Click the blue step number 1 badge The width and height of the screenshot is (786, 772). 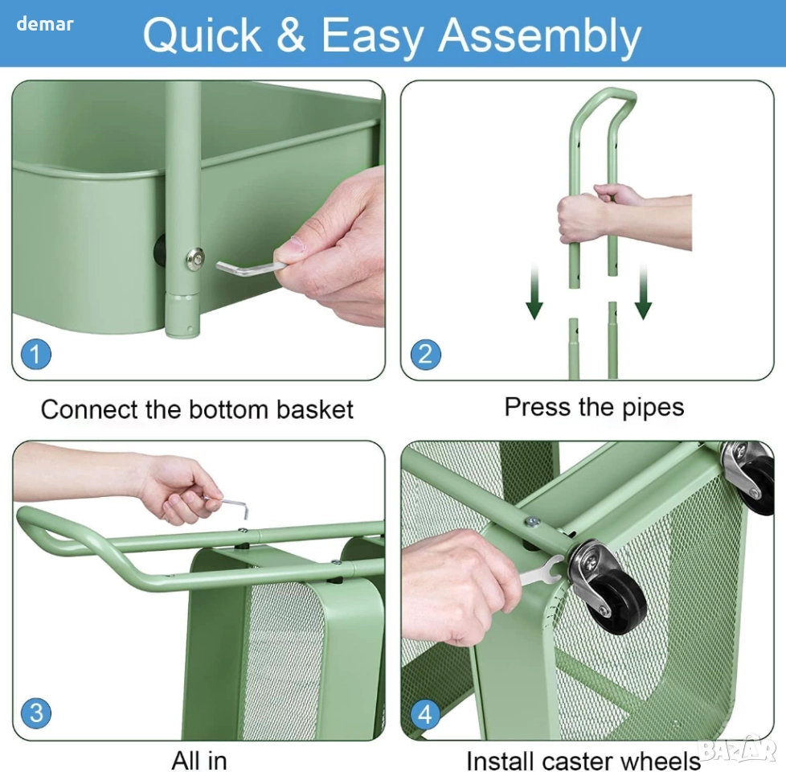(x=36, y=354)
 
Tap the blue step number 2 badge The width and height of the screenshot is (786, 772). (x=426, y=354)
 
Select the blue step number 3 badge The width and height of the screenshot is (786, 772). (x=36, y=712)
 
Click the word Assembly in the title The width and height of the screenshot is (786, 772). (x=540, y=37)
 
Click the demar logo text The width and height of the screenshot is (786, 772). (x=45, y=23)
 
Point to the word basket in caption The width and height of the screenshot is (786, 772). (x=315, y=409)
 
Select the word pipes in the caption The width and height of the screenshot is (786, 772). (x=653, y=409)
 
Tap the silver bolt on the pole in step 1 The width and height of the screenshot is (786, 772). (x=195, y=259)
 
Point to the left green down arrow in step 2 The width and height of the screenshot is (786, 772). (x=534, y=292)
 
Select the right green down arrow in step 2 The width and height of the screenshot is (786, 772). (x=643, y=292)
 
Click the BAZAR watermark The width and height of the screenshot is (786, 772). (x=738, y=750)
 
